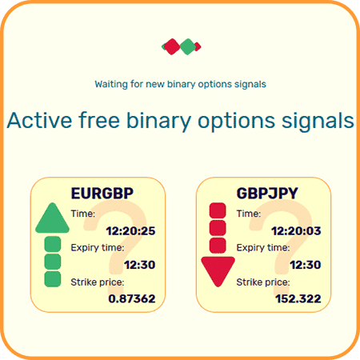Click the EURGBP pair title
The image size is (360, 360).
pyautogui.click(x=102, y=194)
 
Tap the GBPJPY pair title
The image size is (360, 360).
pyautogui.click(x=267, y=194)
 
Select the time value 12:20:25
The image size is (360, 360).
pyautogui.click(x=130, y=231)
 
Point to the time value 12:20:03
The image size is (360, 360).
pyautogui.click(x=296, y=231)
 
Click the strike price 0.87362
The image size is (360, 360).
pyautogui.click(x=132, y=298)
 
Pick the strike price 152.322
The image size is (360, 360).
pyautogui.click(x=298, y=298)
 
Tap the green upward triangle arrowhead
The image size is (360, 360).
pyautogui.click(x=52, y=218)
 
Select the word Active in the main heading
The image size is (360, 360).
pyautogui.click(x=39, y=120)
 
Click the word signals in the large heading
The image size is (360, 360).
pyautogui.click(x=318, y=122)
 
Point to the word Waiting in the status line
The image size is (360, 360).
pyautogui.click(x=111, y=84)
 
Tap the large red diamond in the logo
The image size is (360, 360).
pyautogui.click(x=172, y=46)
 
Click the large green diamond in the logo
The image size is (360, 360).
pyautogui.click(x=188, y=46)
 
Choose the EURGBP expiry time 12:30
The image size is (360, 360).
pyautogui.click(x=140, y=265)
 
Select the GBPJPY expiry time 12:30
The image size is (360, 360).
pyautogui.click(x=306, y=265)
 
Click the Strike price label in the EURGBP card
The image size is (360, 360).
pyautogui.click(x=98, y=282)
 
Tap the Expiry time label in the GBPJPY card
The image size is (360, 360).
pyautogui.click(x=263, y=248)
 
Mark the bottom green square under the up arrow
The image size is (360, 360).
pyautogui.click(x=52, y=279)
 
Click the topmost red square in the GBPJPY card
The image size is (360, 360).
pyautogui.click(x=218, y=210)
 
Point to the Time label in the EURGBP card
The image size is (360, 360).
pyautogui.click(x=83, y=214)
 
